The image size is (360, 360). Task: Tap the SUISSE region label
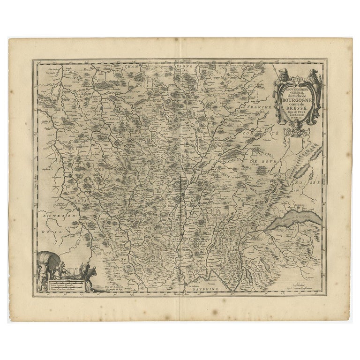click(310, 178)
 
